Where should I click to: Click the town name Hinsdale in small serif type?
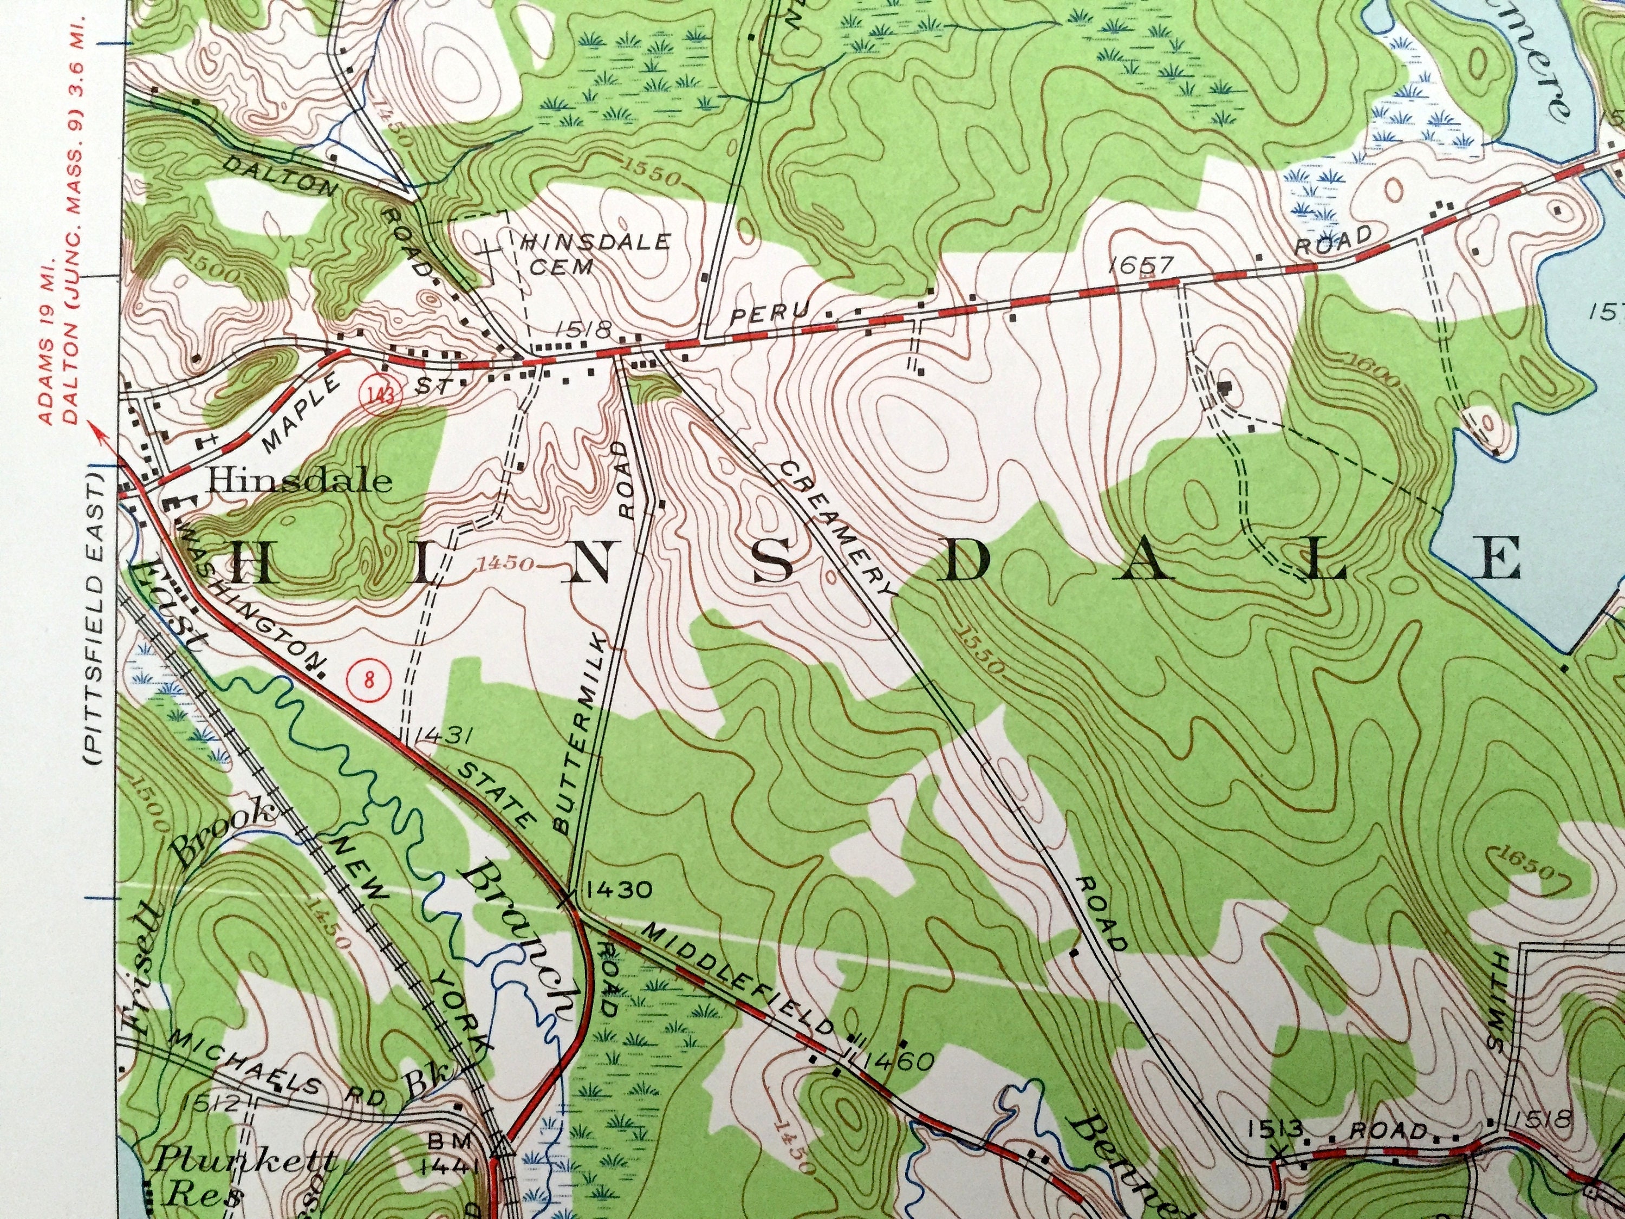[298, 481]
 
